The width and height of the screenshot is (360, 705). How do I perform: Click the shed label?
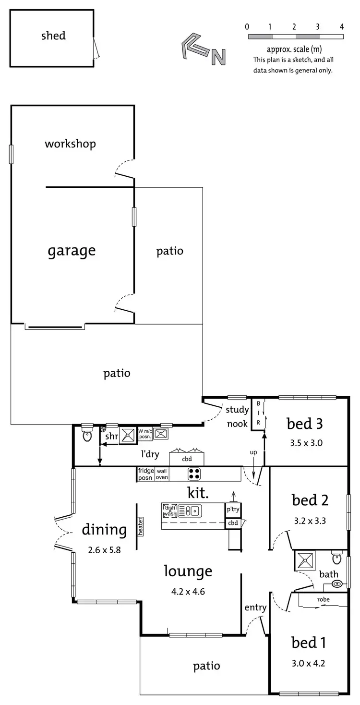pyautogui.click(x=53, y=36)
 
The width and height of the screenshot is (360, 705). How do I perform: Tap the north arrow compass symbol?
pyautogui.click(x=202, y=49)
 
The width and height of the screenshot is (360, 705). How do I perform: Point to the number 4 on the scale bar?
pyautogui.click(x=342, y=26)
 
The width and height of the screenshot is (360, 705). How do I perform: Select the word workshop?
pyautogui.click(x=70, y=144)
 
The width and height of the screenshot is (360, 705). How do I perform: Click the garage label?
pyautogui.click(x=72, y=250)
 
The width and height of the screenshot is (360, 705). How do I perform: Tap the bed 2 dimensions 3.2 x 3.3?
pyautogui.click(x=310, y=520)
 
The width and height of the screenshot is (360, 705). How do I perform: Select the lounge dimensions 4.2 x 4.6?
pyautogui.click(x=188, y=591)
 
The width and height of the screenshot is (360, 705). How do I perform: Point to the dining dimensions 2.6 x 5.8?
pyautogui.click(x=104, y=550)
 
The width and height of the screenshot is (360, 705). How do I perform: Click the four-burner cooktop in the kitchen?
pyautogui.click(x=194, y=474)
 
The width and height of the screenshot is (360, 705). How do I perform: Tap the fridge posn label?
pyautogui.click(x=145, y=474)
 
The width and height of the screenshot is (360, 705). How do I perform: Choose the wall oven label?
pyautogui.click(x=161, y=474)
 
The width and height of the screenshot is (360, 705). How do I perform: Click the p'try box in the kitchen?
pyautogui.click(x=233, y=510)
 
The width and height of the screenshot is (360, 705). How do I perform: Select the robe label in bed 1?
pyautogui.click(x=323, y=600)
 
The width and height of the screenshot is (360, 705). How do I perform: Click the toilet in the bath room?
pyautogui.click(x=337, y=559)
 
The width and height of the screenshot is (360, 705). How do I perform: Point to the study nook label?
pyautogui.click(x=238, y=416)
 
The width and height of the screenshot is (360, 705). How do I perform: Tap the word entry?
pyautogui.click(x=255, y=608)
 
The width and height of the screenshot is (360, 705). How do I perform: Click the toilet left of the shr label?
pyautogui.click(x=87, y=435)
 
